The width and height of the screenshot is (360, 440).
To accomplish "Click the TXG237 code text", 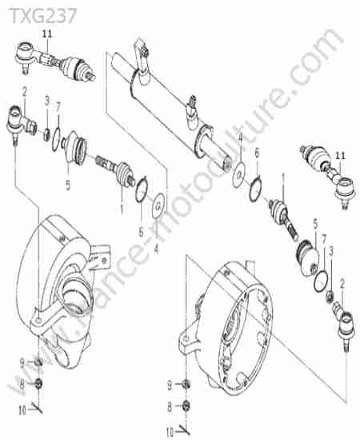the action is tap(43, 15).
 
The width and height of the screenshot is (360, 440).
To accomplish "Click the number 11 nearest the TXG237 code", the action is tap(47, 34).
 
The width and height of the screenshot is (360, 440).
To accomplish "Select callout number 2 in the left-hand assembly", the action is tap(25, 91).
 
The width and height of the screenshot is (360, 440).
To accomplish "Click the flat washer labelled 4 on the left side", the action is tap(159, 206).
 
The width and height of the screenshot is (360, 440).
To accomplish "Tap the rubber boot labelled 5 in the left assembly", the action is tap(74, 147).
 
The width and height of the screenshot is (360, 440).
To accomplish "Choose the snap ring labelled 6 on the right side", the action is tap(256, 189).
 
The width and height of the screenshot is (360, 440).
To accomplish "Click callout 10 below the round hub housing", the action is tap(170, 432).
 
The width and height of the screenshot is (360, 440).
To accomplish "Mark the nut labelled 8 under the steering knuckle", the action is tap(38, 383).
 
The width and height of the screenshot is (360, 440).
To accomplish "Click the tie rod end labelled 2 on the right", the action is tap(343, 322).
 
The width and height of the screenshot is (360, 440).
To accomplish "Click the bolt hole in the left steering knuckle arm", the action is tap(38, 320).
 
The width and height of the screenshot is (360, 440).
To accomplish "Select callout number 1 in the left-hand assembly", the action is tap(122, 209).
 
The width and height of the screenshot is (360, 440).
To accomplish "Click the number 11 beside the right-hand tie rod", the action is tap(341, 156).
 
